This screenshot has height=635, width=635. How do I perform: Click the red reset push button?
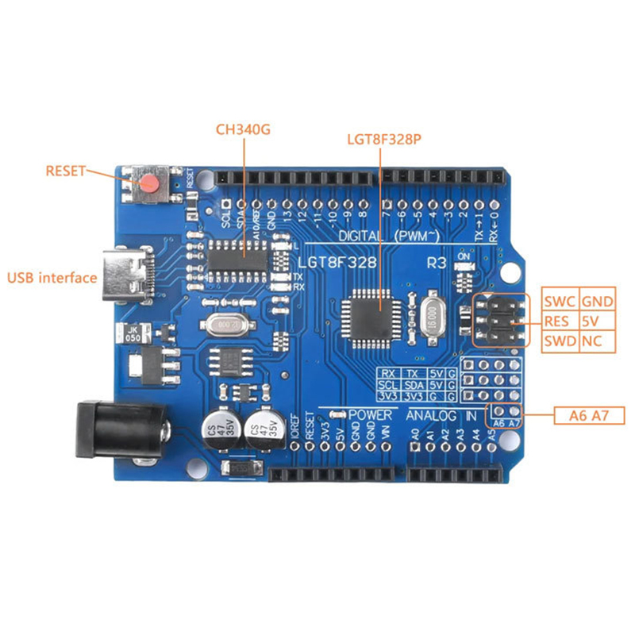click(149, 185)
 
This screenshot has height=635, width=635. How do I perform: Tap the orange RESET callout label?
click(65, 170)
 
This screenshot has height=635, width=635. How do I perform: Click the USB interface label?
click(52, 278)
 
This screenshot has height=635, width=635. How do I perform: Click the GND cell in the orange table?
click(598, 302)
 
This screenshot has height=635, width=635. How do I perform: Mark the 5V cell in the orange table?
click(592, 322)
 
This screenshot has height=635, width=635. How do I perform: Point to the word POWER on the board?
click(370, 415)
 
